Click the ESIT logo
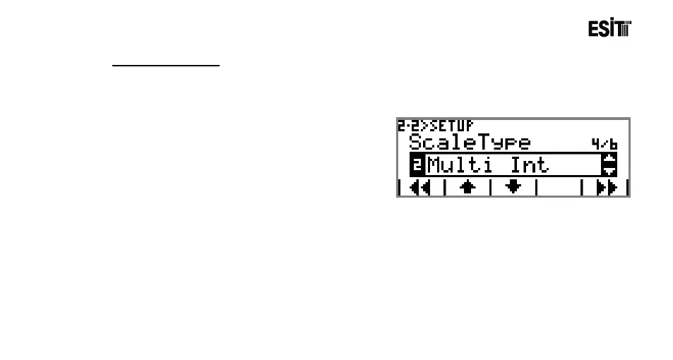pos(609,29)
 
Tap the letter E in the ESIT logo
pos(594,29)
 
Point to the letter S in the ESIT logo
pos(604,29)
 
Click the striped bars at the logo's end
pos(625,29)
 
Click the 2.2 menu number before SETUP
pos(406,125)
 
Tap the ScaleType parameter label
pos(469,143)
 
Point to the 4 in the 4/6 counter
pos(595,144)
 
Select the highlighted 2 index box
pos(417,165)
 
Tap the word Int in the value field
pos(530,165)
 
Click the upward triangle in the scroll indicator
pos(609,160)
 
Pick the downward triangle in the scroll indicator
pos(609,170)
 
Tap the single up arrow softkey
pos(467,188)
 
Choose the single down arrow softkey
pos(513,188)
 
